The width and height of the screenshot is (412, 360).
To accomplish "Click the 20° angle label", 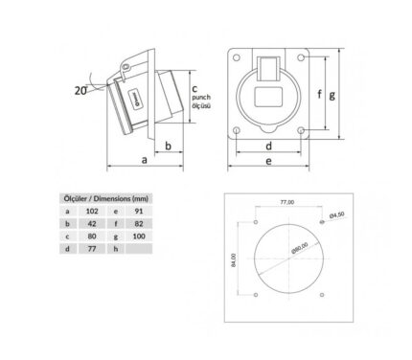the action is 80,90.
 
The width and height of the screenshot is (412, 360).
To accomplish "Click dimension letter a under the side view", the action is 145,160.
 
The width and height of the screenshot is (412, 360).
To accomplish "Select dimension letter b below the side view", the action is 169,146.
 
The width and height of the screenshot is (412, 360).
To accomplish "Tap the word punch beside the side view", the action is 201,97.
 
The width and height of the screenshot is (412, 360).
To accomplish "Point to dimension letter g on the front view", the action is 332,95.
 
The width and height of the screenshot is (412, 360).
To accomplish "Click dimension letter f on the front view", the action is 319,94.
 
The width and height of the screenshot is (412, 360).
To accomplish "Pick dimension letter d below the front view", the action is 269,146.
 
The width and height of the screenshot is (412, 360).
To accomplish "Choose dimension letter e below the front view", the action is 269,161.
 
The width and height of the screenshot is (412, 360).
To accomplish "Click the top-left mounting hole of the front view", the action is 237,57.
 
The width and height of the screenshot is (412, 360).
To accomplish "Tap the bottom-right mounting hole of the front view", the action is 301,130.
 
